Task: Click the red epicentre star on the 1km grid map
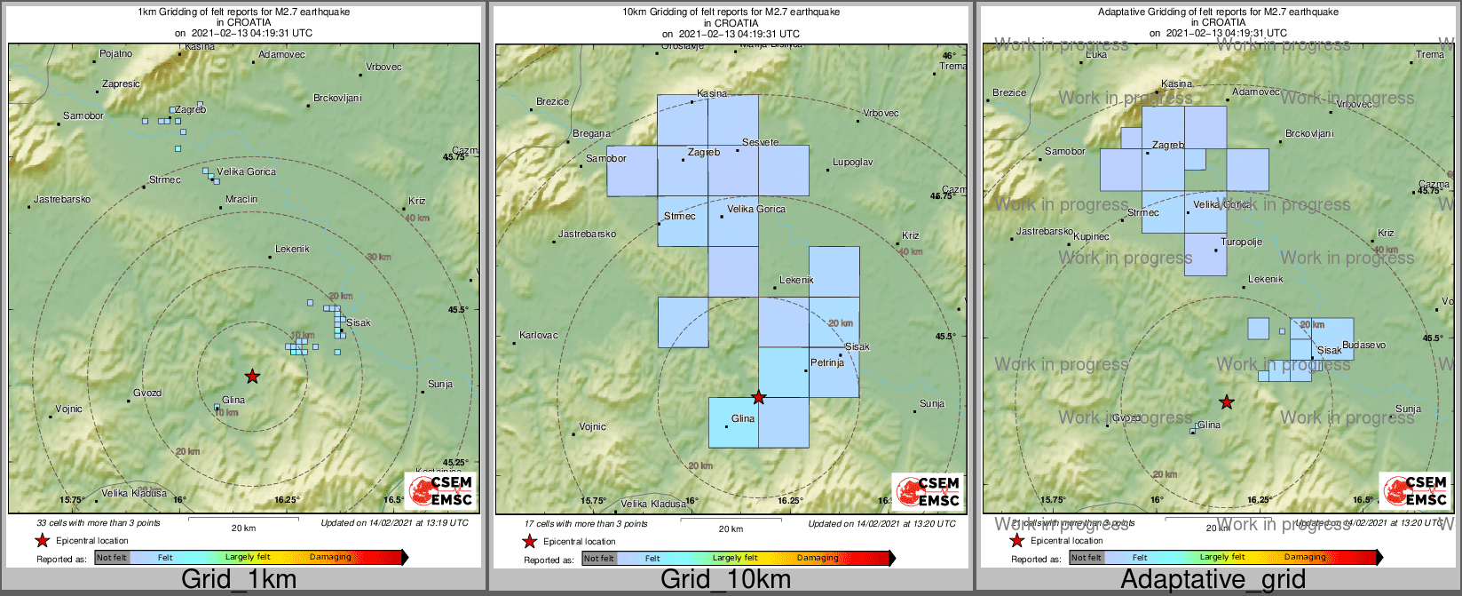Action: (x=252, y=376)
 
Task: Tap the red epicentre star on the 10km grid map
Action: (x=758, y=397)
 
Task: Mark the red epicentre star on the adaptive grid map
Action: (x=1226, y=402)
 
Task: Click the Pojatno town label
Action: (x=115, y=53)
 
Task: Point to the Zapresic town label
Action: (x=121, y=84)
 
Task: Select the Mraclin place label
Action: (x=241, y=200)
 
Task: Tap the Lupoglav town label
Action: (x=852, y=163)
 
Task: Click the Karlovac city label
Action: (x=539, y=335)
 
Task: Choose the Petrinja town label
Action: (x=827, y=362)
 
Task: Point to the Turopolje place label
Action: (x=1242, y=242)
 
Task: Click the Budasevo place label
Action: (x=1363, y=345)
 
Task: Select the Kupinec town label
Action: (x=1091, y=237)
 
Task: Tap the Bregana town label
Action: (x=591, y=134)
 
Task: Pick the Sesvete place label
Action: (x=761, y=142)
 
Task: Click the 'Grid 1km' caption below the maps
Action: (x=239, y=580)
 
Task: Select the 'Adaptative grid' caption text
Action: (x=1213, y=580)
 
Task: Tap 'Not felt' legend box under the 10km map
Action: (x=599, y=559)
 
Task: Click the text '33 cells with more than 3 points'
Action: (x=99, y=523)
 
